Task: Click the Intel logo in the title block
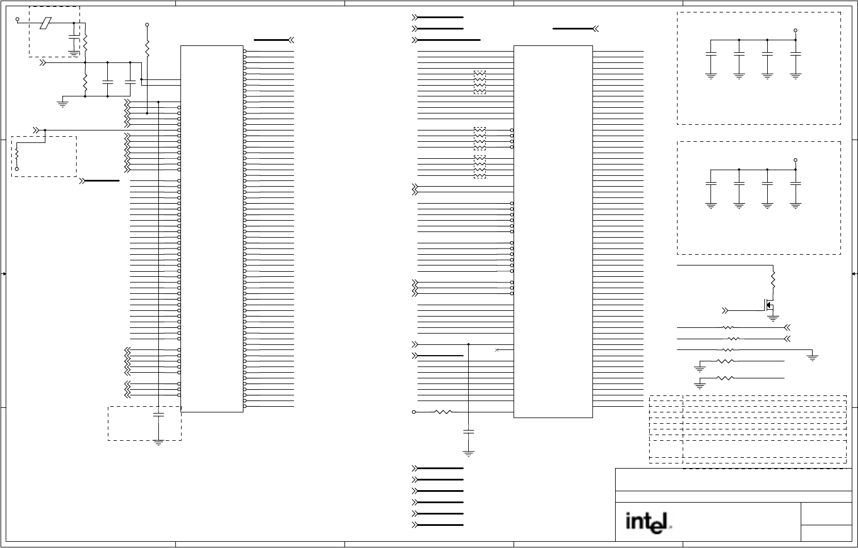pos(648,522)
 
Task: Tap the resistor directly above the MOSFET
pos(773,280)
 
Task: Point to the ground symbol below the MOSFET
pos(773,318)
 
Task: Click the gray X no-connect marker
pos(497,350)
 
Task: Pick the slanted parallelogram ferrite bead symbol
pos(45,23)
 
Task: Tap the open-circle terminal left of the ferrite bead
pos(17,19)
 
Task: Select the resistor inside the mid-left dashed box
pos(17,155)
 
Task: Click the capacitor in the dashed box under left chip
pos(158,415)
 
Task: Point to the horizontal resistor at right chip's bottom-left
pos(443,412)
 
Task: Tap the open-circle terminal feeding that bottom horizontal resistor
pos(414,412)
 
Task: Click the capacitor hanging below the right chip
pos(469,432)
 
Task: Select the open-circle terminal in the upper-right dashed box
pos(796,31)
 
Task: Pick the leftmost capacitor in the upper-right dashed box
pos(711,54)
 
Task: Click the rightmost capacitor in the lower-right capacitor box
pos(796,184)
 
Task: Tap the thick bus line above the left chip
pos(271,40)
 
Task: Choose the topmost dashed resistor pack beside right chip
pos(480,82)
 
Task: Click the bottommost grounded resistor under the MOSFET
pos(725,378)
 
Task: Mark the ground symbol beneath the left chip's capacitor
pos(158,443)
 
